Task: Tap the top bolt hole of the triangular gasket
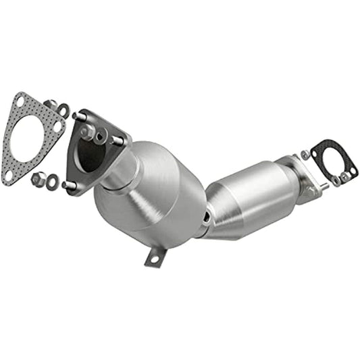20,101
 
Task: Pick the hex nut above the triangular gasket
51,105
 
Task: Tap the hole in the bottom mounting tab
155,256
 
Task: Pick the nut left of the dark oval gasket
305,155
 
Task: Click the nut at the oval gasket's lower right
345,176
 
